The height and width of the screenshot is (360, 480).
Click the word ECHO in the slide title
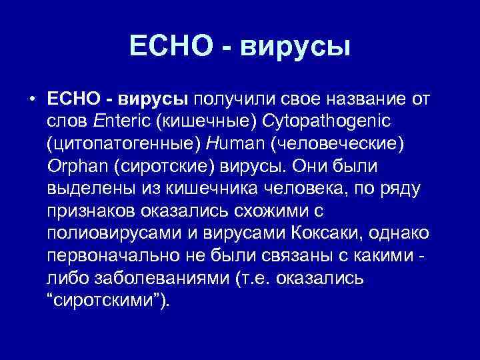click(x=167, y=46)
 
